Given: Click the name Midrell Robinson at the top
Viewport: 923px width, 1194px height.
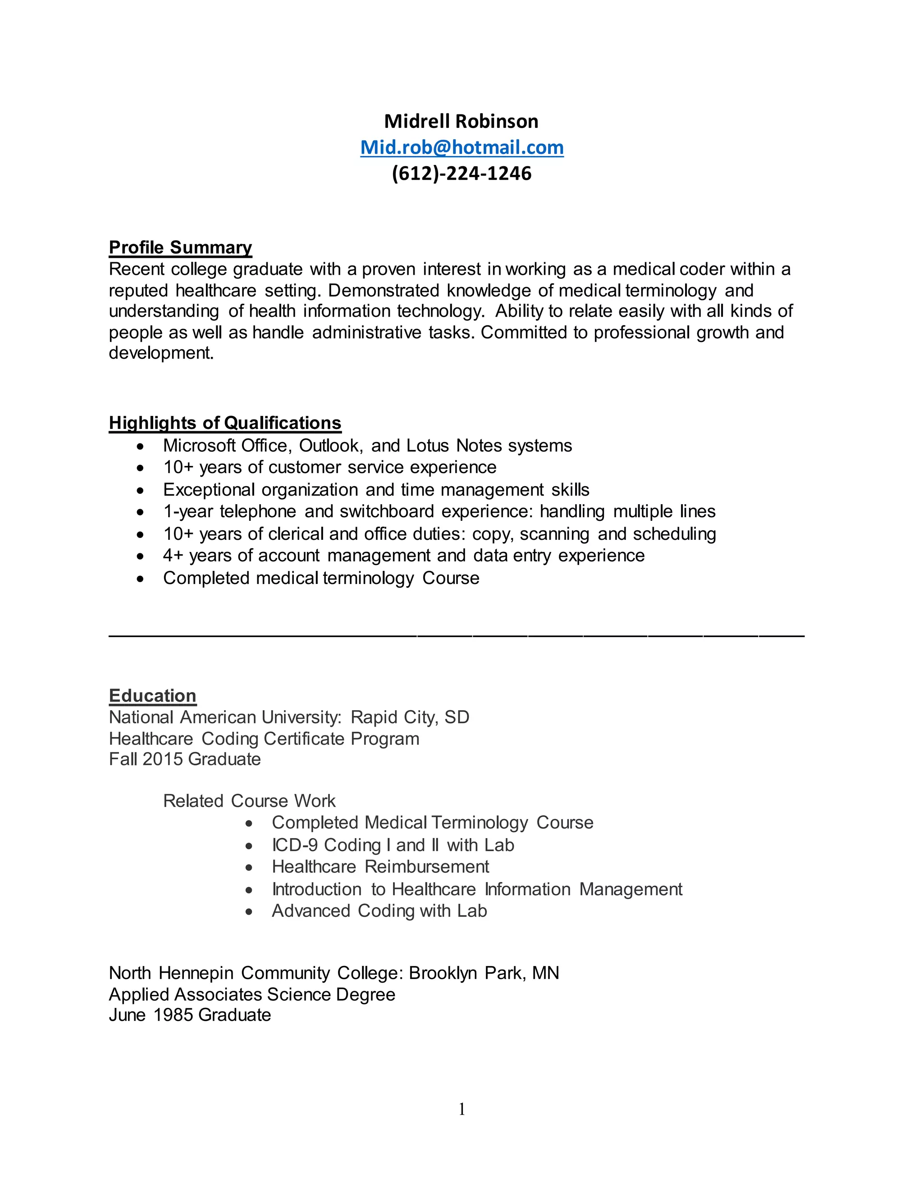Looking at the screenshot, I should [x=461, y=121].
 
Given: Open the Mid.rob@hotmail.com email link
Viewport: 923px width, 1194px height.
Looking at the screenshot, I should [x=461, y=148].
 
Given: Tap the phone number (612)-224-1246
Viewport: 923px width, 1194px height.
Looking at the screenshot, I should [x=461, y=173].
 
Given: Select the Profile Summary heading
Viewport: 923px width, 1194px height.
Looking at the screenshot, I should [x=180, y=247].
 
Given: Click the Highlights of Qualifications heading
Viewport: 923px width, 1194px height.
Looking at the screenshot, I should [x=225, y=423].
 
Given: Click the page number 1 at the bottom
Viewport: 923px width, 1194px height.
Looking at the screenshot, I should [x=461, y=1109].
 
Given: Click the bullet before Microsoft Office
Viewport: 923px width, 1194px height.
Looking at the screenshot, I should [x=141, y=447].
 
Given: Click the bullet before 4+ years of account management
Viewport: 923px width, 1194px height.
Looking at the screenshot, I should [x=141, y=556].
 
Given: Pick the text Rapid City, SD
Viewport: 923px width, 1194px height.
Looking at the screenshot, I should [x=410, y=717].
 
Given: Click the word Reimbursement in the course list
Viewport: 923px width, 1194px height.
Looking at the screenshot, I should [x=426, y=866].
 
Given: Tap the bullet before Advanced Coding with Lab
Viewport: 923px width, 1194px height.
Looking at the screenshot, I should [x=249, y=912].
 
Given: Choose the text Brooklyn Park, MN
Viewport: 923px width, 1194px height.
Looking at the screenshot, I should [x=484, y=973].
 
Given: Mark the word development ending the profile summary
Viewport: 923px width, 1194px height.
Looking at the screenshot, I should [x=161, y=353].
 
